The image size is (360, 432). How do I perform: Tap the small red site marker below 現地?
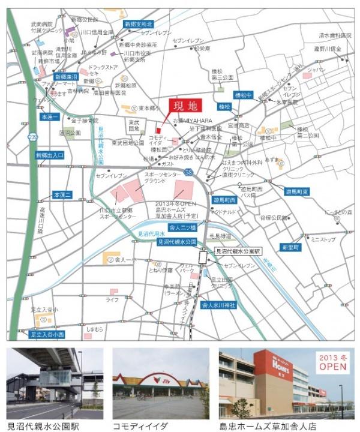158,130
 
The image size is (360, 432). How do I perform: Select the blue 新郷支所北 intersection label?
139,24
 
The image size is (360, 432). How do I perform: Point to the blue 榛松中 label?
245,95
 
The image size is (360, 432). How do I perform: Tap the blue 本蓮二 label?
62,194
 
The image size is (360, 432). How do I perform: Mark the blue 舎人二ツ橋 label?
182,229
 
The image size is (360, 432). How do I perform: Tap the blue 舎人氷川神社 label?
218,305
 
